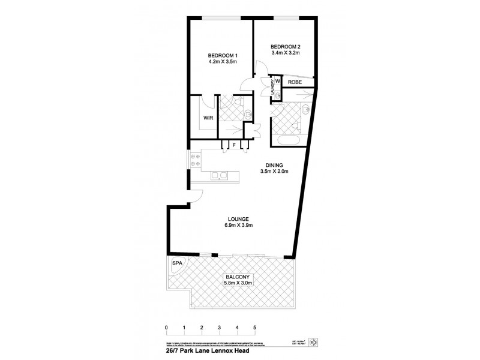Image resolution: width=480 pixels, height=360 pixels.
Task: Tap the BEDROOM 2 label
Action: tap(284, 46)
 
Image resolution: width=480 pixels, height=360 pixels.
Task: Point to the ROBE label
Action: tap(294, 82)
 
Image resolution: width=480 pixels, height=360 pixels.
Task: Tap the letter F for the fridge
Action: tap(234, 145)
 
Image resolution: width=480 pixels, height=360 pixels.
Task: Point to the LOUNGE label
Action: tap(238, 219)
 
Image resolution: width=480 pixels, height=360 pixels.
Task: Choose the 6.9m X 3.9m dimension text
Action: tap(238, 226)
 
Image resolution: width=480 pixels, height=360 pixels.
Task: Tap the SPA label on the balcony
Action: tap(177, 263)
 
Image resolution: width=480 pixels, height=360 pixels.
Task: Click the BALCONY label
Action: tap(238, 276)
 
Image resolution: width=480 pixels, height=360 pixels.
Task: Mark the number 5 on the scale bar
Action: tap(255, 327)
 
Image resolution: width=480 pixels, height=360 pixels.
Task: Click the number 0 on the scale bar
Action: tap(166, 327)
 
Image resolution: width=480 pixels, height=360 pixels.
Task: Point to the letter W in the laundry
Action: tap(278, 82)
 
